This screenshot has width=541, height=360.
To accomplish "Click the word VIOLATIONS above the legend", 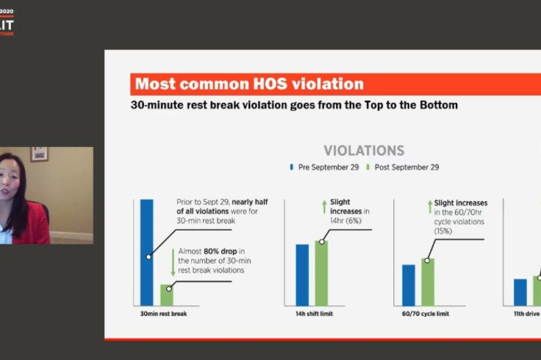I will [364, 150].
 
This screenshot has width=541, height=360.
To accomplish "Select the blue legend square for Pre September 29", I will [291, 167].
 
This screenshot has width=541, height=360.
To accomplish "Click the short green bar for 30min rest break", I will [166, 295].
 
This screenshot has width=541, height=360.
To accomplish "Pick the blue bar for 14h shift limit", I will [302, 275].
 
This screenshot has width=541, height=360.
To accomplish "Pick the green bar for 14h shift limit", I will [321, 273].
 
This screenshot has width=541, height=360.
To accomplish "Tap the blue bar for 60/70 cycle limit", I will [408, 285].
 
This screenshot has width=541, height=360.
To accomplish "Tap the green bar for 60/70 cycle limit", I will [427, 282].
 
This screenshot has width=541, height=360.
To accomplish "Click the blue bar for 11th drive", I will [520, 292].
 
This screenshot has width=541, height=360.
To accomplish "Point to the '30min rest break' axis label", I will [159, 314].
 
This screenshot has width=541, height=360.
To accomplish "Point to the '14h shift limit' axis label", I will [313, 314].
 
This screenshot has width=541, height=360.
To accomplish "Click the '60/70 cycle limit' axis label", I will [423, 314].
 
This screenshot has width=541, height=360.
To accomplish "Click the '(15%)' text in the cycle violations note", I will [445, 231].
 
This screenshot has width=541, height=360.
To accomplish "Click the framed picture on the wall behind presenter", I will [39, 154].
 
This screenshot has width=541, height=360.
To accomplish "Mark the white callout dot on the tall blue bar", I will [147, 256].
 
